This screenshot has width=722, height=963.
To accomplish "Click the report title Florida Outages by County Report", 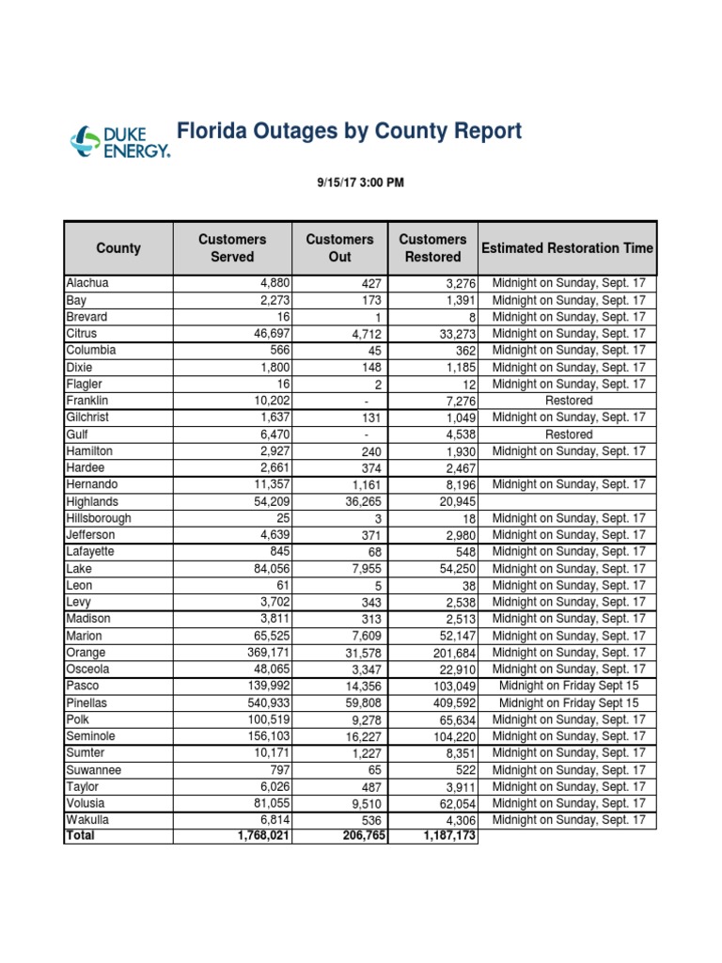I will point(349,131).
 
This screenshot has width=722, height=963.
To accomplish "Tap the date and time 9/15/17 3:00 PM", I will point(360,182).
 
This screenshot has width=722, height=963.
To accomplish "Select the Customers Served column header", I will point(232,248).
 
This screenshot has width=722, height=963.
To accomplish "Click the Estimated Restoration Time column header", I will point(567,248).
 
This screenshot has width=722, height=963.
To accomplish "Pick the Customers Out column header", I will point(339,248).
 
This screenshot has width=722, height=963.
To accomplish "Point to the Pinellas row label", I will point(87,703).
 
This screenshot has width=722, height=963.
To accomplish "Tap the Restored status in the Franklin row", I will point(569,401).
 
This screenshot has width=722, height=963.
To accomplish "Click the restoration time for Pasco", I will point(569,686).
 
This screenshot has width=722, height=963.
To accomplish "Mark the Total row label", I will point(81,835).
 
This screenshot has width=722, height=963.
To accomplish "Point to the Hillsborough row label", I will point(99,518).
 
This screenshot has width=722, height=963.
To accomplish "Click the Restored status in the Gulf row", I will point(569,434).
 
